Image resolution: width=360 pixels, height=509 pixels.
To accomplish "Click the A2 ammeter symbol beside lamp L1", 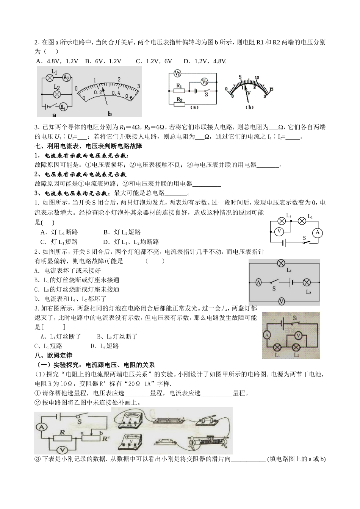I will pos(66,77).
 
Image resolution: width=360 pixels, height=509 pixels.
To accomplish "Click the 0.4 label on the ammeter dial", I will pos(116,93).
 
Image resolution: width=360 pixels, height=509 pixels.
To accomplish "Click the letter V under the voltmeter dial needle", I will pos(249,92).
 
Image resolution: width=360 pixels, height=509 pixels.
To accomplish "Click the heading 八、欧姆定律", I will pos(53,355).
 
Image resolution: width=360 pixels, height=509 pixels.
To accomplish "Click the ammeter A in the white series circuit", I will pos(318,232).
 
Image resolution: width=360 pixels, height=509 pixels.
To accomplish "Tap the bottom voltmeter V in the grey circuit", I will pos(281,301).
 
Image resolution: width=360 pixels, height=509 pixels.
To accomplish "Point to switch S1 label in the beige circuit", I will pos(295,319).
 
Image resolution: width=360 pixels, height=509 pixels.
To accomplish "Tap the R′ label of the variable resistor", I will pos(105,439).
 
